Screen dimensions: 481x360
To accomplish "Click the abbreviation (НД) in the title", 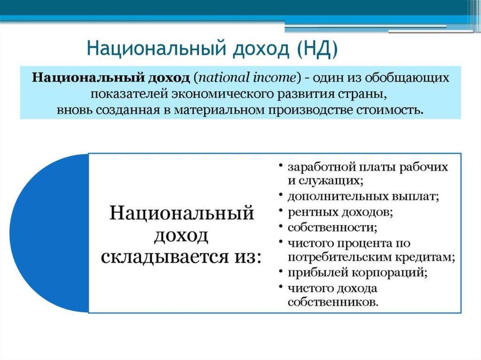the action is tap(317, 49).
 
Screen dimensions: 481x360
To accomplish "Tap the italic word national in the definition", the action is tap(224, 77).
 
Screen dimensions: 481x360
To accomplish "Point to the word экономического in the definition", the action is tap(222, 94).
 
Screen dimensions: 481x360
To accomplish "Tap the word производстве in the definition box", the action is tap(310, 110).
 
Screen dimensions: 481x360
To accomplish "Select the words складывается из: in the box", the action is tap(182, 257).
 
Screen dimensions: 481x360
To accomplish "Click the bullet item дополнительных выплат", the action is tap(363, 197).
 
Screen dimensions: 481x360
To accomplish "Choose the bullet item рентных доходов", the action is tap(340, 212).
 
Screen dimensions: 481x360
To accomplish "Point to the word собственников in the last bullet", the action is tap(333, 302).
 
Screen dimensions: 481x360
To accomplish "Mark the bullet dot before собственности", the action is tap(280, 226).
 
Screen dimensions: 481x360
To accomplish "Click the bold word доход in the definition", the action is tap(169, 77).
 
